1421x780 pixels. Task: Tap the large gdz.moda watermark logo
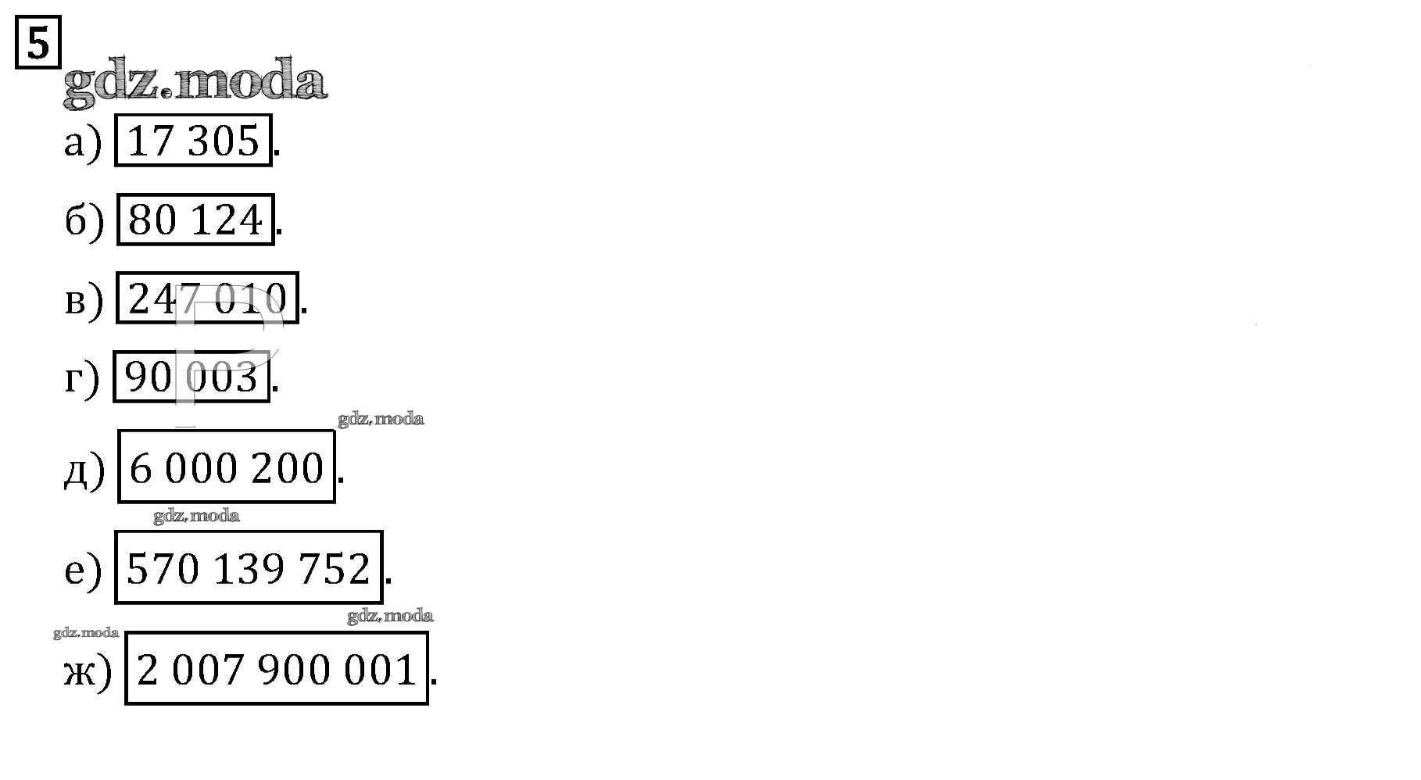195,80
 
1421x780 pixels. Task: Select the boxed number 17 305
193,141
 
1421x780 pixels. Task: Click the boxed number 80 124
195,220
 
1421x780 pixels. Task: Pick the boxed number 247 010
207,298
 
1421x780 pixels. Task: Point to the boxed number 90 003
191,377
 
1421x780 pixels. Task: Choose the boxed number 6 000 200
226,467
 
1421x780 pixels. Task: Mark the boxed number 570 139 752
249,567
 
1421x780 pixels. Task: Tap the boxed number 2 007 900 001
276,668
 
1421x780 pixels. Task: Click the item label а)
83,143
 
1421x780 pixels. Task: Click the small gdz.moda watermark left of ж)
86,632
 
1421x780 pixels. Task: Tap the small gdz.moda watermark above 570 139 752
196,516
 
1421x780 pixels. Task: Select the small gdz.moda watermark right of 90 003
381,419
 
